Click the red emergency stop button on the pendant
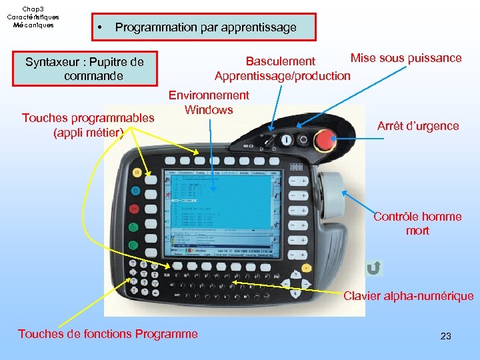click(x=325, y=140)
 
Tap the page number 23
click(x=446, y=336)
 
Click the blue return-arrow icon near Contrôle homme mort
click(x=374, y=269)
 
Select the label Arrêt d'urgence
click(x=418, y=125)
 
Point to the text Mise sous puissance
click(x=406, y=58)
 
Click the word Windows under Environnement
click(x=209, y=109)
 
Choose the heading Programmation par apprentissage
click(x=205, y=28)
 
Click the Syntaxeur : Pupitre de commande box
click(x=85, y=69)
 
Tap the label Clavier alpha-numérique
click(x=408, y=296)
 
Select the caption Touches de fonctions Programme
click(x=108, y=333)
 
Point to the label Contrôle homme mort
click(x=417, y=223)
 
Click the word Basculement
click(x=281, y=62)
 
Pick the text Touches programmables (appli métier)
click(x=88, y=125)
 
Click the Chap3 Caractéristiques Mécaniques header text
click(x=33, y=17)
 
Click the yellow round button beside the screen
click(x=137, y=172)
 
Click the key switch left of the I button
click(x=269, y=141)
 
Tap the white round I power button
click(x=287, y=140)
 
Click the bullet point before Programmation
click(x=99, y=28)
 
